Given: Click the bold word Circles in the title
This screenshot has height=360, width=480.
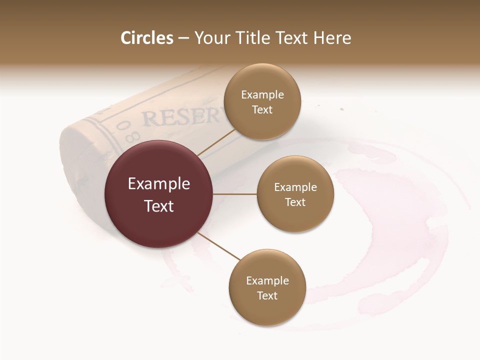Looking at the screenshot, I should pyautogui.click(x=146, y=38).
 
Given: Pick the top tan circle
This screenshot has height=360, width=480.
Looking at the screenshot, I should pyautogui.click(x=262, y=101).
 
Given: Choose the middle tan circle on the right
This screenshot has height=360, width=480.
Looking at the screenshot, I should pyautogui.click(x=295, y=194).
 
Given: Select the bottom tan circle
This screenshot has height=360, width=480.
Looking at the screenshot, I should pyautogui.click(x=267, y=287).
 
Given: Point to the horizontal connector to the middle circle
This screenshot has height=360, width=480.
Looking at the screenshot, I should pyautogui.click(x=235, y=194).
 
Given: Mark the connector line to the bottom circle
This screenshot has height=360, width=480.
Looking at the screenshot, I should pyautogui.click(x=218, y=246).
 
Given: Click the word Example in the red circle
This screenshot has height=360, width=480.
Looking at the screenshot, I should pyautogui.click(x=159, y=184).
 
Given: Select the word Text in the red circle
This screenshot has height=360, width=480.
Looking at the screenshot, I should pyautogui.click(x=159, y=206).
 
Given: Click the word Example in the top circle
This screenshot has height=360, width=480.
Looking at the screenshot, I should pyautogui.click(x=262, y=95).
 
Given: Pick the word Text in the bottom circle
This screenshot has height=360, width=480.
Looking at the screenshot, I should pyautogui.click(x=267, y=295).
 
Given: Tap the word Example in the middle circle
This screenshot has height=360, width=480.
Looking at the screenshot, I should pyautogui.click(x=295, y=187).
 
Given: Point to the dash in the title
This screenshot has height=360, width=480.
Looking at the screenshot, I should pyautogui.click(x=183, y=38).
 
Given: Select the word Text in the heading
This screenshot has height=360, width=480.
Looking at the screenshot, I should pyautogui.click(x=292, y=38).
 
